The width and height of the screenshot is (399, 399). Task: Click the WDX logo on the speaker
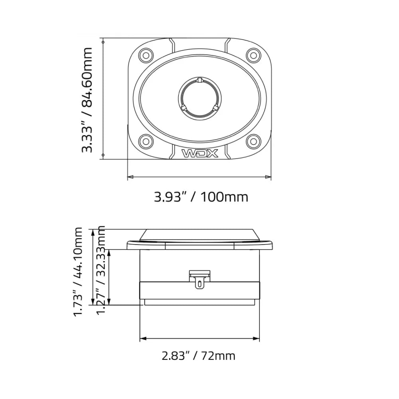(200, 153)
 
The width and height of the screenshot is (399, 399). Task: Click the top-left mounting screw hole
(146, 55)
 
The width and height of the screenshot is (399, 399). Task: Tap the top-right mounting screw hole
(253, 55)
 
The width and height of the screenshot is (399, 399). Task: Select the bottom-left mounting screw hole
(146, 140)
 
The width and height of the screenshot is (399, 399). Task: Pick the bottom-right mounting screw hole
(253, 140)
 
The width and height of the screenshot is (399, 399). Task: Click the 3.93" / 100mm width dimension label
(201, 197)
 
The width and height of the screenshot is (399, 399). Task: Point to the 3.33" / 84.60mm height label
(87, 100)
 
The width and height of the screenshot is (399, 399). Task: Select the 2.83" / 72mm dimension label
(198, 356)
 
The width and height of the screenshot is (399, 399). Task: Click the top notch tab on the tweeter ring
(199, 80)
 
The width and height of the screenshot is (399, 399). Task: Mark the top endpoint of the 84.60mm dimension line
(103, 41)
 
